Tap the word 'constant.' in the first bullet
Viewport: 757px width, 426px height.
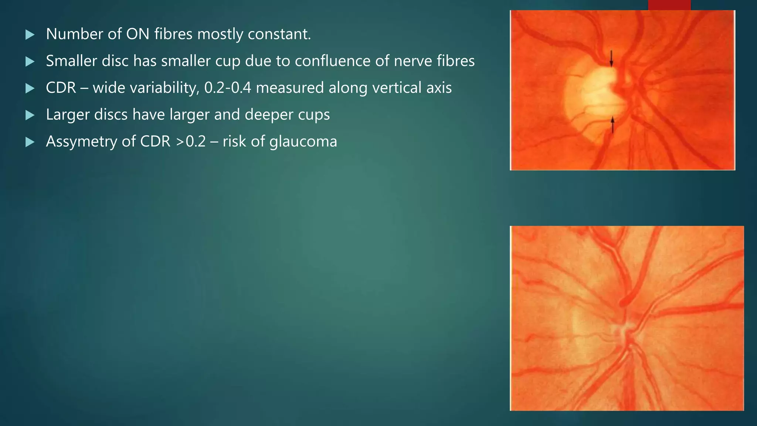point(279,34)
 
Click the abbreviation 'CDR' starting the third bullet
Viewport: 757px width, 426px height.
point(61,88)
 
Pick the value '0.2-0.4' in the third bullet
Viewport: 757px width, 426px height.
point(227,88)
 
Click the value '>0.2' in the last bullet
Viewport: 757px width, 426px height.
point(191,142)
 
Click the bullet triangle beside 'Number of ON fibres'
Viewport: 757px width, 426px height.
point(30,35)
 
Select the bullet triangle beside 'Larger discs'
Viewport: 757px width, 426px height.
point(30,115)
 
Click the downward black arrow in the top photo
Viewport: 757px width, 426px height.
point(611,58)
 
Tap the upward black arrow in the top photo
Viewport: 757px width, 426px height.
point(612,125)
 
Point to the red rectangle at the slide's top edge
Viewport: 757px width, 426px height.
point(669,5)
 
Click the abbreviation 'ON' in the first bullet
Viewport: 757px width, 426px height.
point(138,34)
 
